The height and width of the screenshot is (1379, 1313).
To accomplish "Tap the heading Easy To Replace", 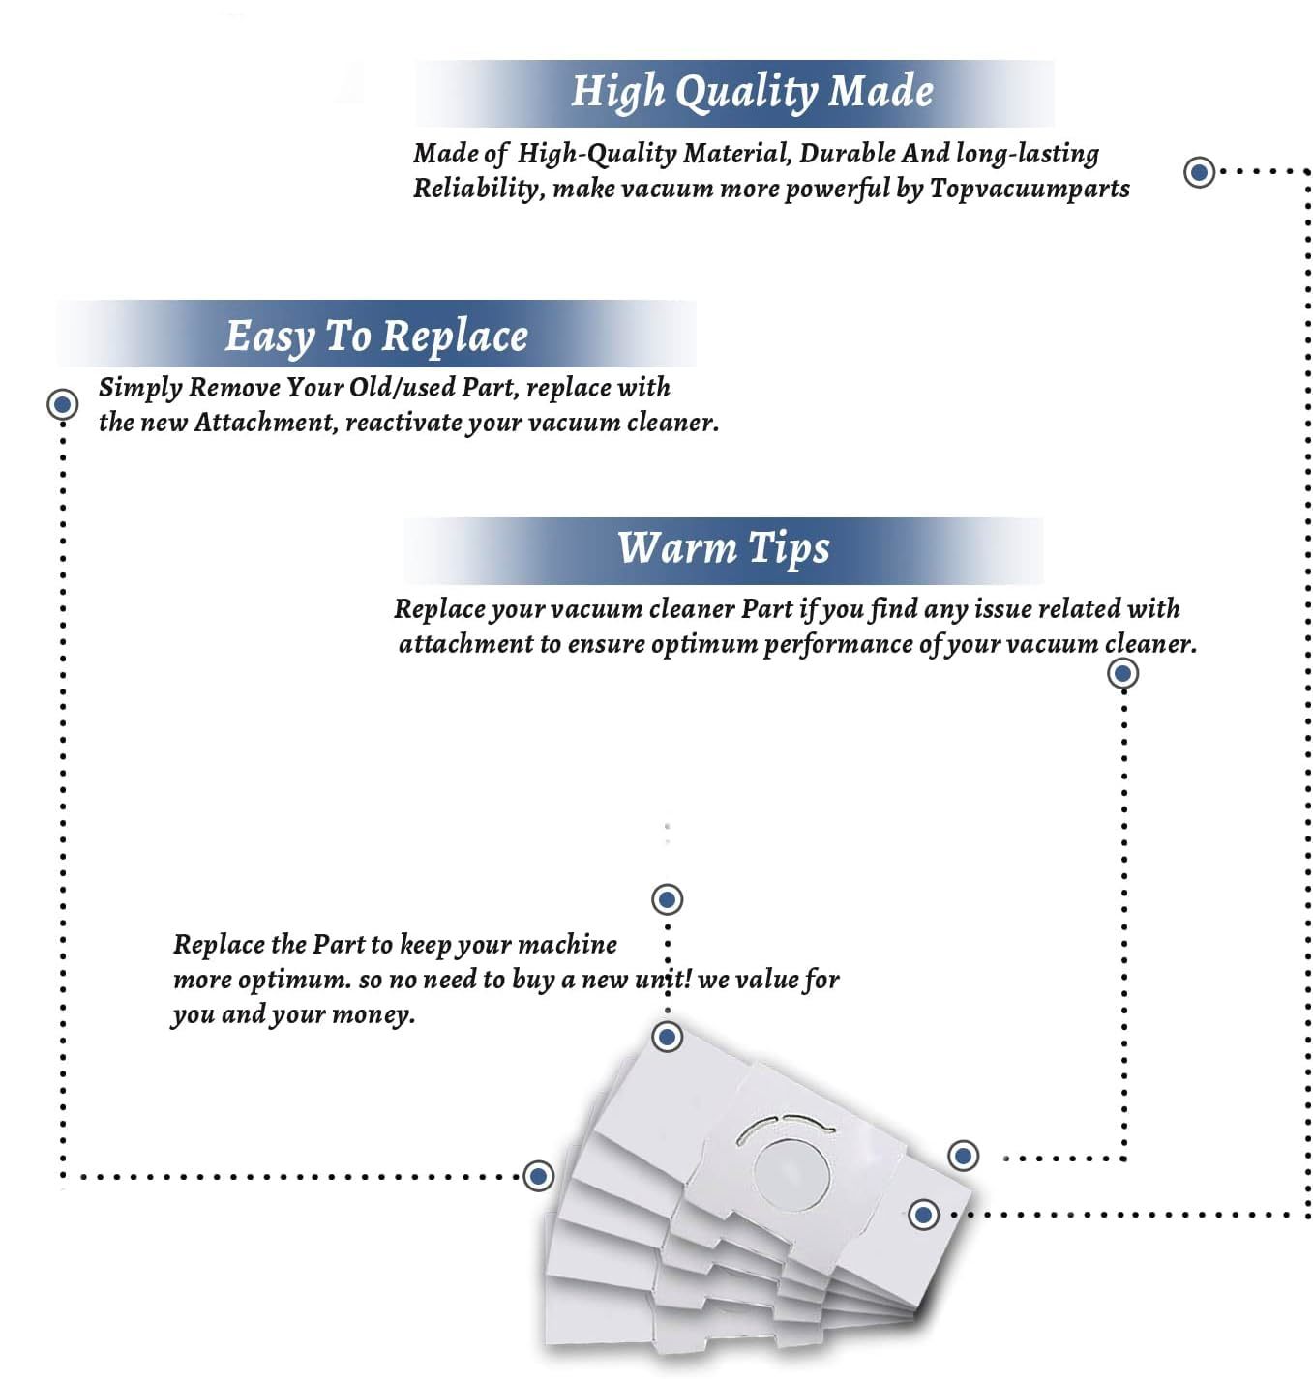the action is [x=376, y=337].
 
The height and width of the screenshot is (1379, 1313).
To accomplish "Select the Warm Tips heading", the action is [x=723, y=548].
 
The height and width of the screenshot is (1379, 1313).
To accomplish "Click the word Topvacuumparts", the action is [x=1030, y=189].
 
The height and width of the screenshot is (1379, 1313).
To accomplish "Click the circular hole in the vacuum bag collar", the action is [x=791, y=1174].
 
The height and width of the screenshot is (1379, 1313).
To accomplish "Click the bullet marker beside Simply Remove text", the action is [x=63, y=404].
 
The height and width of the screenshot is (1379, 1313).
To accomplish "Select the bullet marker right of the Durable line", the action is [x=1200, y=172].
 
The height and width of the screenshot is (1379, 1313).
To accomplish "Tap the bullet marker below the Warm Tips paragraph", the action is [x=1122, y=673].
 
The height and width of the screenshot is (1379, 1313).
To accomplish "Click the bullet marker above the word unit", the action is [x=668, y=899].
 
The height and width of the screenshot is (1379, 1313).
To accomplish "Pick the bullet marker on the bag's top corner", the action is [x=668, y=1037].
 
